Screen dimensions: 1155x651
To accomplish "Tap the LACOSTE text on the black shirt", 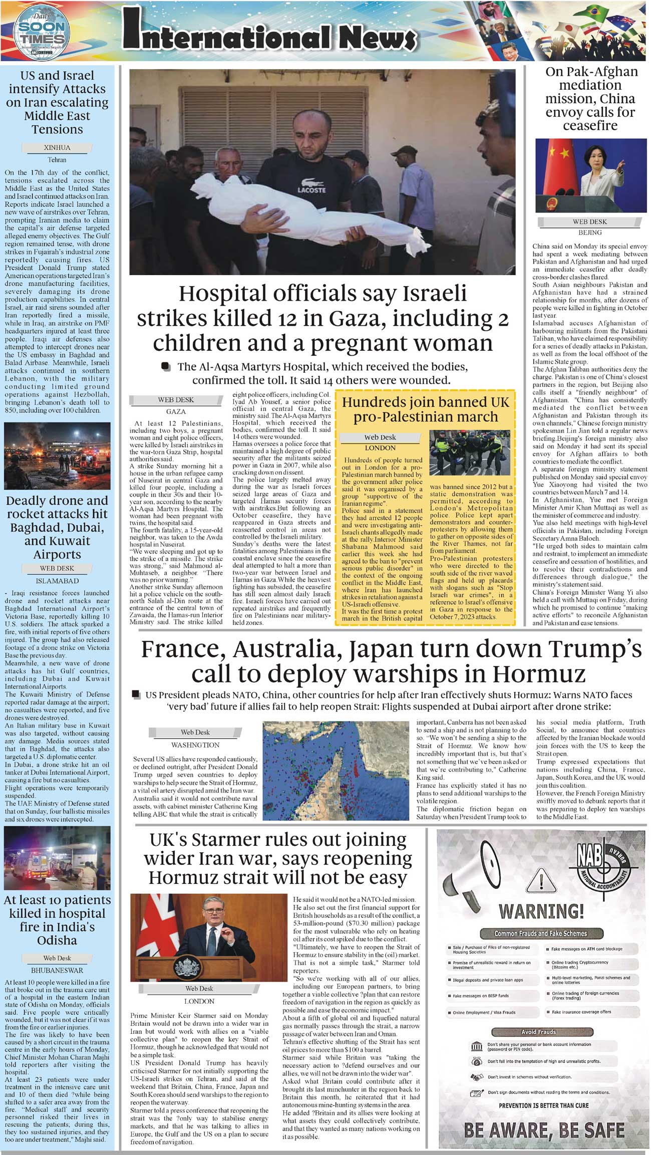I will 311,190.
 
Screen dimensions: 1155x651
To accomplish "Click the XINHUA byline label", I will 57,148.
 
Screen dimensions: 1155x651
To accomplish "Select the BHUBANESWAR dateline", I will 57,970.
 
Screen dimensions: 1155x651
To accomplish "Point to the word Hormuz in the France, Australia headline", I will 539,674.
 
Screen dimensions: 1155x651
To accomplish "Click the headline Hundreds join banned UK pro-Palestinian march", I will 425,409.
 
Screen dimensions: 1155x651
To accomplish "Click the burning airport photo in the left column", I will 57,455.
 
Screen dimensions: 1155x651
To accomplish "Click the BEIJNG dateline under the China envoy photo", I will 590,233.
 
